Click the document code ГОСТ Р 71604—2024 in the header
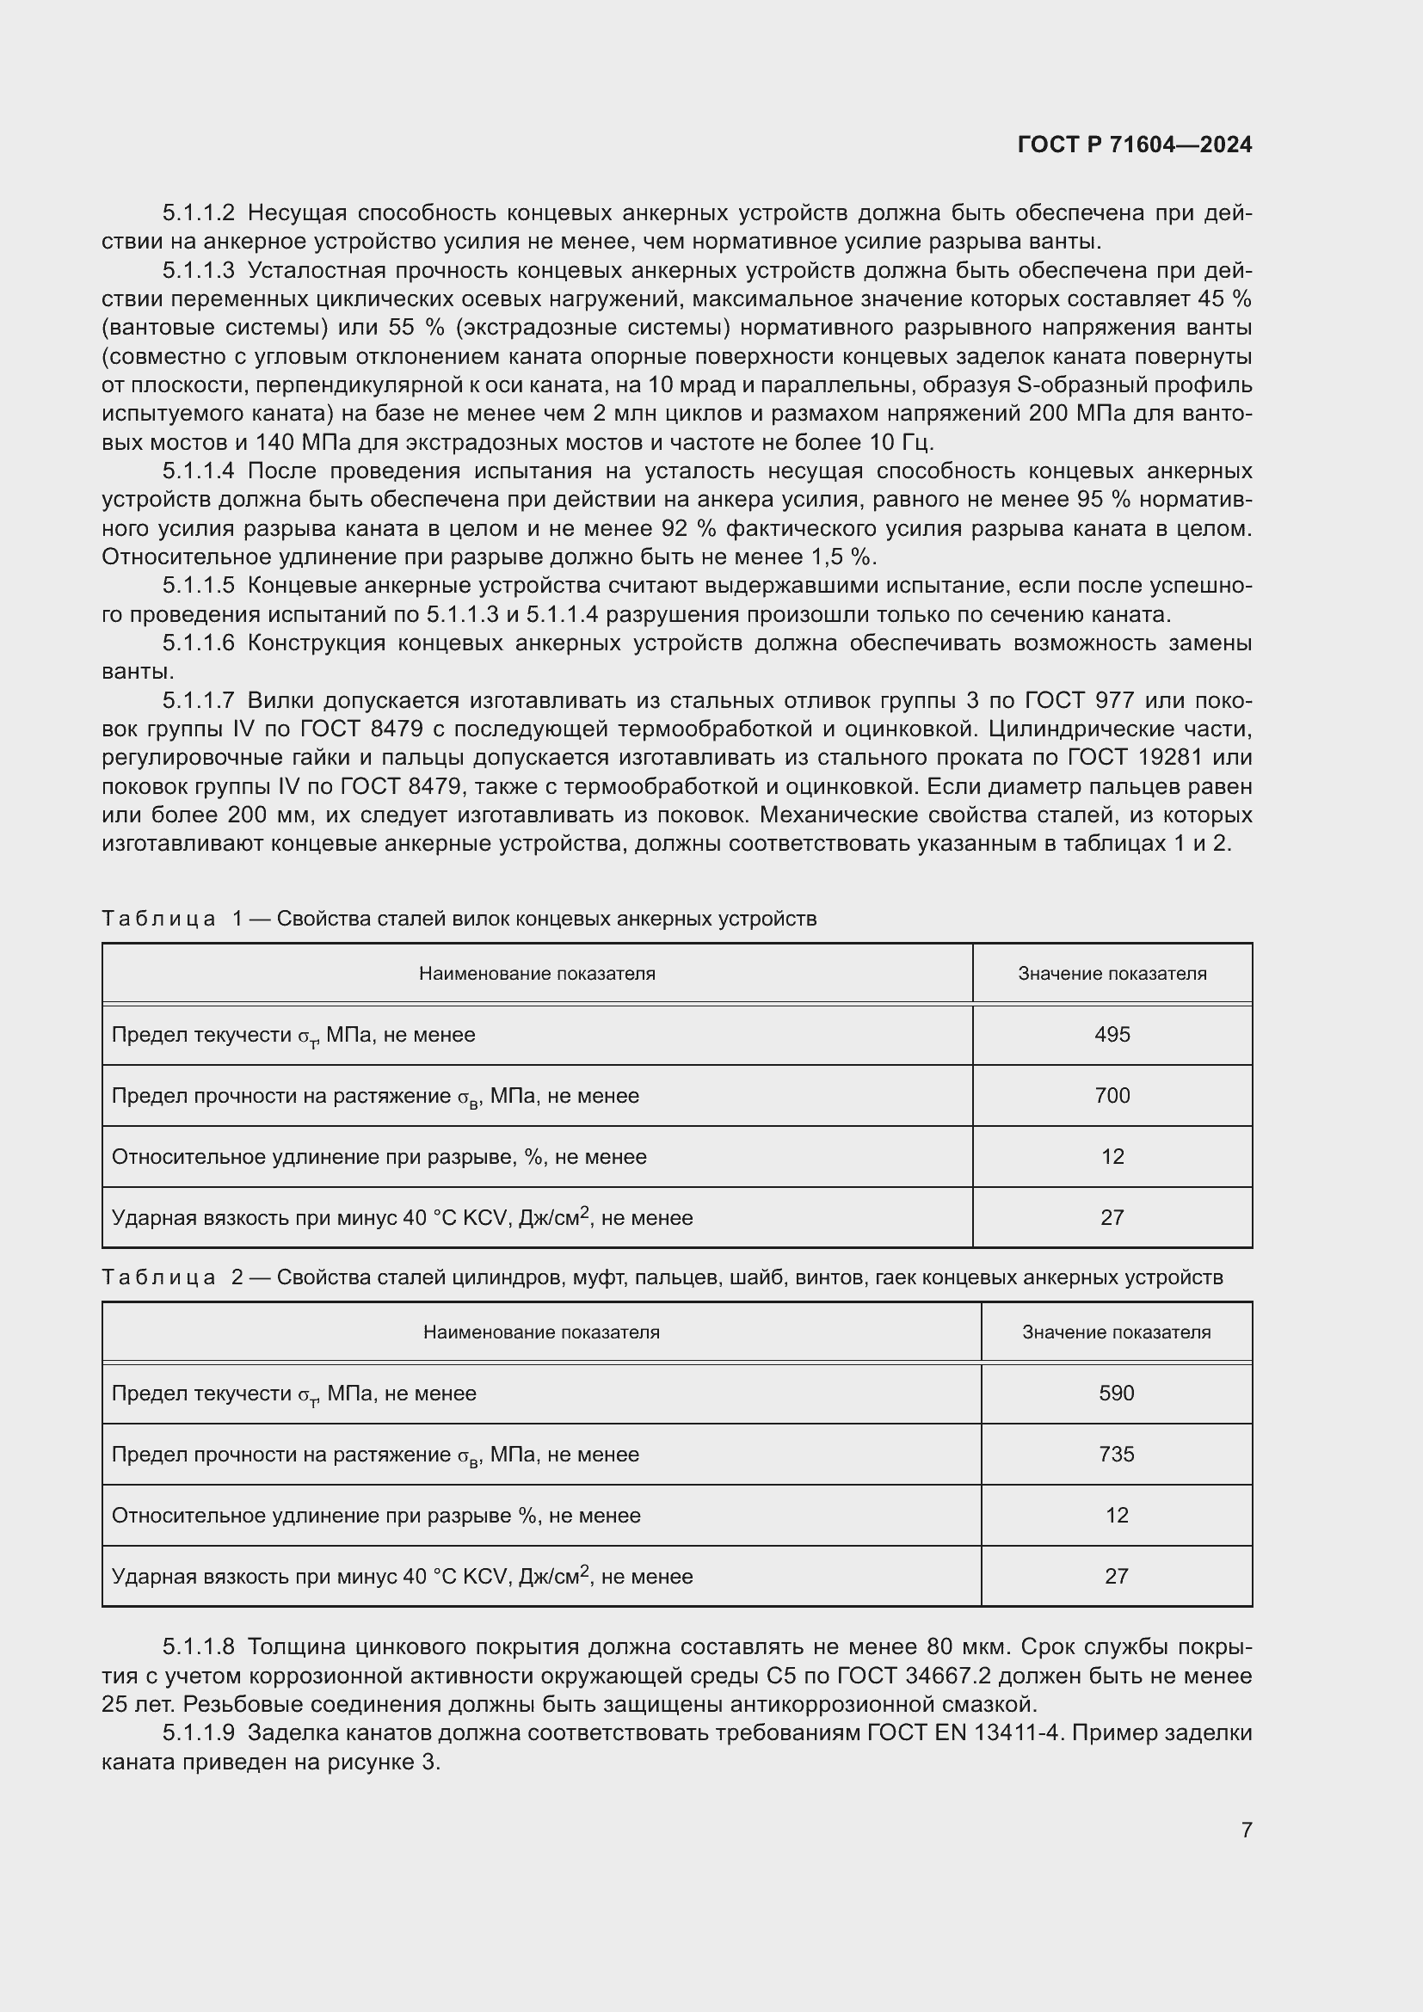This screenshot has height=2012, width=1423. pyautogui.click(x=1135, y=145)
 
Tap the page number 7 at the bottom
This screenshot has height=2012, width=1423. pyautogui.click(x=1246, y=1830)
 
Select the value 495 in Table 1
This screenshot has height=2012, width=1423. pyautogui.click(x=1112, y=1035)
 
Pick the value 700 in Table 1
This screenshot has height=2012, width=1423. pyautogui.click(x=1112, y=1096)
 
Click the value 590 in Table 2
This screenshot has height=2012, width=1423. pyautogui.click(x=1117, y=1394)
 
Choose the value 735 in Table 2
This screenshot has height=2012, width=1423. pyautogui.click(x=1117, y=1455)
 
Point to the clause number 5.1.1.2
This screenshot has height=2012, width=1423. pyautogui.click(x=199, y=213)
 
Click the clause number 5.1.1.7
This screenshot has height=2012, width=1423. pyautogui.click(x=199, y=700)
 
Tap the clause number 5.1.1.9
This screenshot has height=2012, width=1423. pyautogui.click(x=199, y=1732)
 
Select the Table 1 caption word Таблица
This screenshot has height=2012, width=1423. pyautogui.click(x=158, y=919)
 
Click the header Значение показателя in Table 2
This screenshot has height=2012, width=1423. pyautogui.click(x=1117, y=1332)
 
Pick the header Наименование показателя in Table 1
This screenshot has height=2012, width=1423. pyautogui.click(x=536, y=974)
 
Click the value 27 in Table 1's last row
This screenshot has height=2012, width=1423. pyautogui.click(x=1112, y=1218)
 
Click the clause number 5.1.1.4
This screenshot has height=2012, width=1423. pyautogui.click(x=199, y=471)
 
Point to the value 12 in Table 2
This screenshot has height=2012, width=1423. pyautogui.click(x=1117, y=1515)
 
